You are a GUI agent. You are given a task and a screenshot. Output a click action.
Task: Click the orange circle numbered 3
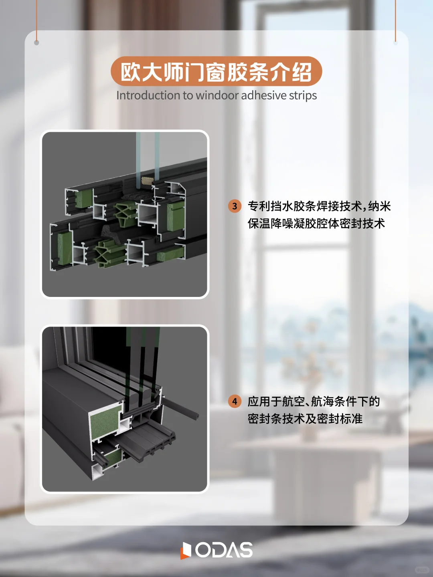(x=235, y=206)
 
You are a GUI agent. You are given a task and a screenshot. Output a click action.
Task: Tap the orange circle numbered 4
(x=235, y=401)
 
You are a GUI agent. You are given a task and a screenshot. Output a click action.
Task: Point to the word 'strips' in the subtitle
(x=303, y=95)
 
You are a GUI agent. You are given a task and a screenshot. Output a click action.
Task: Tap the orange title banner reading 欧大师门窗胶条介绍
(x=216, y=72)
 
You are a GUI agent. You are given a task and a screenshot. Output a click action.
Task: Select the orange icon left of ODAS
(x=186, y=550)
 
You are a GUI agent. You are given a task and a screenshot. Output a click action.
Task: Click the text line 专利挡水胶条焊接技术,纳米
(x=319, y=206)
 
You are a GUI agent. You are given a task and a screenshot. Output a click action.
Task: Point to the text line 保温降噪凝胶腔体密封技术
(x=316, y=224)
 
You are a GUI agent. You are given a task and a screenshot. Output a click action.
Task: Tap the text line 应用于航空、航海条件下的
(x=314, y=401)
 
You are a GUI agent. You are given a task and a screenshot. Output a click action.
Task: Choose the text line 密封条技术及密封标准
(x=305, y=419)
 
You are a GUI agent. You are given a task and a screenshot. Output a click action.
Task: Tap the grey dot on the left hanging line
(x=36, y=42)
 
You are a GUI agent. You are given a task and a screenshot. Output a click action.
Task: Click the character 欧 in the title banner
(x=131, y=72)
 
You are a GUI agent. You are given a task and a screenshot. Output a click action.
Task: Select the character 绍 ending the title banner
(x=301, y=72)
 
